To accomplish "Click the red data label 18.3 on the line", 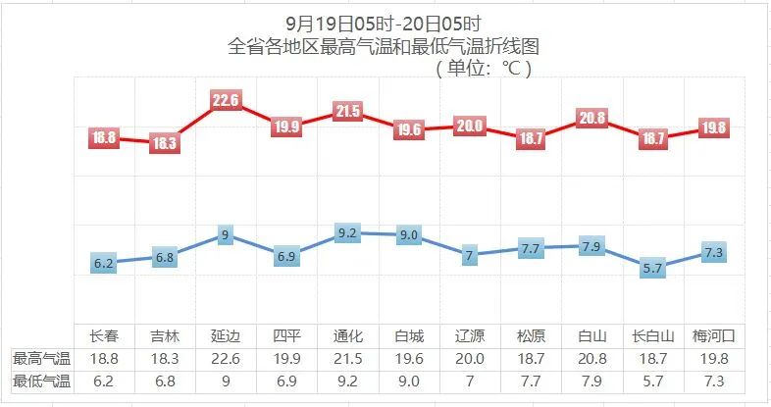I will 164,143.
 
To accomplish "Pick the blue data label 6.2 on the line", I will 104,264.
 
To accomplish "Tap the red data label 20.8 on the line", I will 591,118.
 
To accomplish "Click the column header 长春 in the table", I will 104,335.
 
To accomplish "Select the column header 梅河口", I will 714,335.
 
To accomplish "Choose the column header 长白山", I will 653,335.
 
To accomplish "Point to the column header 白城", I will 409,335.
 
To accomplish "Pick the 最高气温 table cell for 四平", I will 287,358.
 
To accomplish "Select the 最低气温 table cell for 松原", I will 531,381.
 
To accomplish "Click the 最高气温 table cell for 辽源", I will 470,358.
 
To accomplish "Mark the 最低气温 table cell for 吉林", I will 165,381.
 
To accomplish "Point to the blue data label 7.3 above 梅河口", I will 714,253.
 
